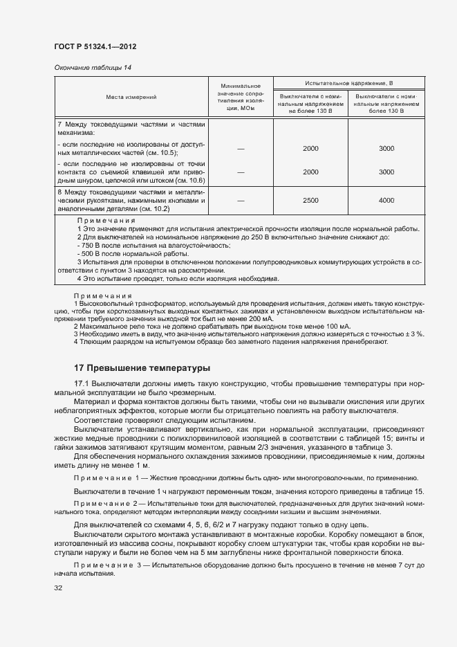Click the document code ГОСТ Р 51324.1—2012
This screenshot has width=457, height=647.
pyautogui.click(x=95, y=46)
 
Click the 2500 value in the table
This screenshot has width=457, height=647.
pyautogui.click(x=310, y=200)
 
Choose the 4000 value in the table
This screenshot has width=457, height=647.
pyautogui.click(x=386, y=200)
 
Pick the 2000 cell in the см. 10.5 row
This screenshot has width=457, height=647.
pyautogui.click(x=310, y=148)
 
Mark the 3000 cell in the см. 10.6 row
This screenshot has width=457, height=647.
pyautogui.click(x=386, y=172)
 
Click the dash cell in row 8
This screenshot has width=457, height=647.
pyautogui.click(x=241, y=200)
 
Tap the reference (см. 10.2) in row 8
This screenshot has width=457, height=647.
pyautogui.click(x=153, y=208)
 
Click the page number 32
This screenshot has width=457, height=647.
pyautogui.click(x=58, y=588)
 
